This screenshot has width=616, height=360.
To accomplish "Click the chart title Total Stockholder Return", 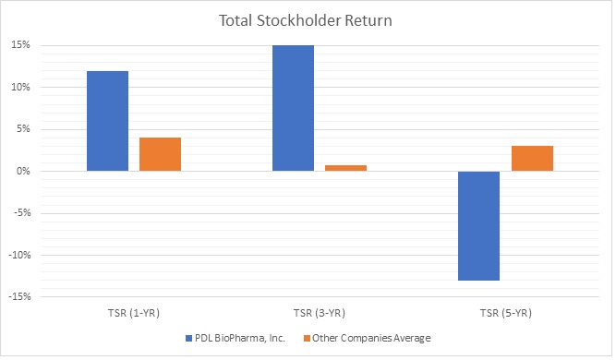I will tap(308, 19).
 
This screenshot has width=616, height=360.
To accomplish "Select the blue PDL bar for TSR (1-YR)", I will tap(108, 121).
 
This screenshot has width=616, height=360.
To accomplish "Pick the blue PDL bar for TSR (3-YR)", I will tap(293, 108).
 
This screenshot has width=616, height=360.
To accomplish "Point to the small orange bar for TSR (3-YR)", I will tap(345, 168).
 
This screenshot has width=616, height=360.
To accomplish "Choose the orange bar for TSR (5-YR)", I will tap(532, 158).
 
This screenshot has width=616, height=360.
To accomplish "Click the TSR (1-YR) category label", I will tap(134, 312).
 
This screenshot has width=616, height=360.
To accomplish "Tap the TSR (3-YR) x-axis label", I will tap(320, 312).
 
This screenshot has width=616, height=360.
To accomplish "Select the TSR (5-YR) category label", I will tap(505, 312).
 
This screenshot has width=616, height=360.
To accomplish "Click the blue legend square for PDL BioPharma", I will tap(189, 338).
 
